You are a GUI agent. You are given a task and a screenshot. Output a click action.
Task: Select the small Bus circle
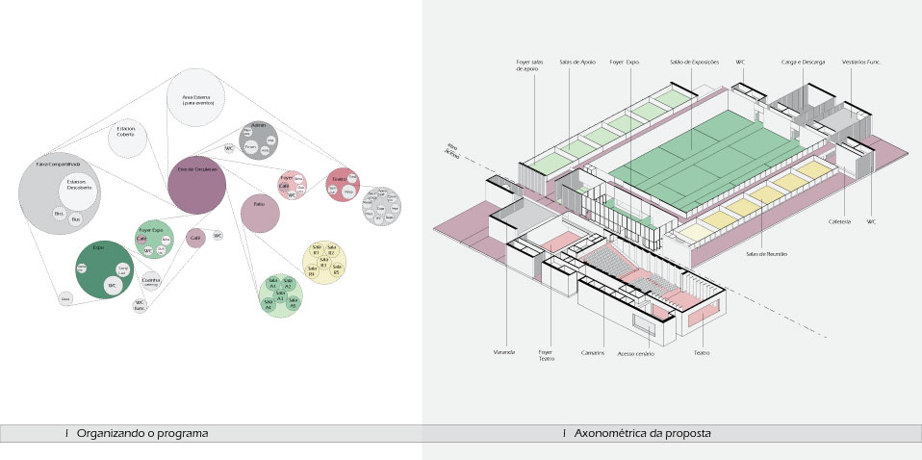click(76, 220)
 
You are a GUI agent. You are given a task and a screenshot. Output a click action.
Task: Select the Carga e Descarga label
click(800, 63)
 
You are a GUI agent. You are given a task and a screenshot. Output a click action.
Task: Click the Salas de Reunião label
click(767, 253)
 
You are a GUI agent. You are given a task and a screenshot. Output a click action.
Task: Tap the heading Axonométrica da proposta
click(642, 434)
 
